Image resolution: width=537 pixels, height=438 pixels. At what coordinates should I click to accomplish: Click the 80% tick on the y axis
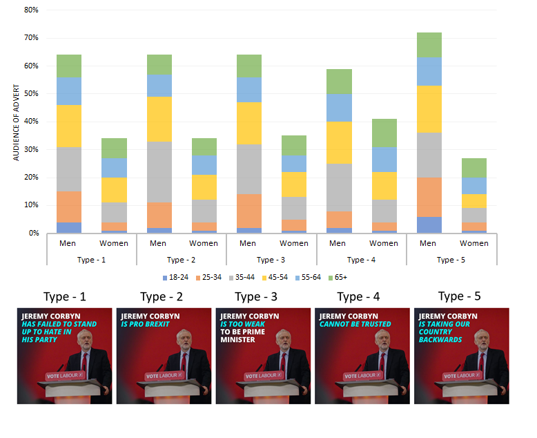[30, 10]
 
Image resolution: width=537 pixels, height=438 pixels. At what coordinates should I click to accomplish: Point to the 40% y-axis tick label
[30, 122]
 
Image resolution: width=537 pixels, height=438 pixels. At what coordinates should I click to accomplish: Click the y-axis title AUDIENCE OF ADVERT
[16, 122]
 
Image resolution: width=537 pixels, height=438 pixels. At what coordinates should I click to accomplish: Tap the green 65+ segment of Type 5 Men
[429, 45]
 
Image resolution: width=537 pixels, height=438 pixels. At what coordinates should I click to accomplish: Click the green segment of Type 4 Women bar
[384, 133]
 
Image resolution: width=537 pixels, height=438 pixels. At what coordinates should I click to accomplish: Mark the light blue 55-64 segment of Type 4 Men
[339, 107]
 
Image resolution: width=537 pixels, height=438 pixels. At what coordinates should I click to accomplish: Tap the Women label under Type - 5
[473, 243]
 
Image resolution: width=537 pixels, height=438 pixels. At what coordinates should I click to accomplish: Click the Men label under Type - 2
[159, 243]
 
